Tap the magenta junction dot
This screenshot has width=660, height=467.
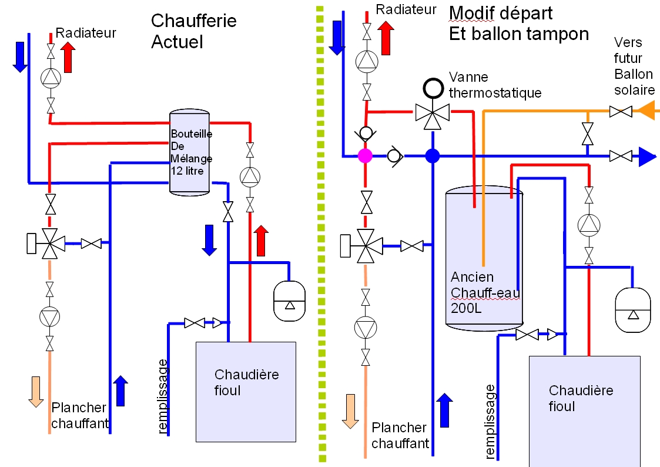(366, 156)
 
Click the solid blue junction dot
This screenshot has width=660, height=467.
(433, 156)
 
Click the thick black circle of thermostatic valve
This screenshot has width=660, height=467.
(433, 88)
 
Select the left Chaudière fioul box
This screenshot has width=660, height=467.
(246, 392)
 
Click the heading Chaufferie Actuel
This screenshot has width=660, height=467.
(193, 31)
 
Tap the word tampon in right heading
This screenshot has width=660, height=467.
(559, 34)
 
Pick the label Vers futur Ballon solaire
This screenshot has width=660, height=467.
(634, 66)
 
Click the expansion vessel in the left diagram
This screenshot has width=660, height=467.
(289, 301)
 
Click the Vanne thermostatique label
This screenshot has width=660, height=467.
(494, 85)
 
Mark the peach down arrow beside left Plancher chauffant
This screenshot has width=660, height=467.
(36, 391)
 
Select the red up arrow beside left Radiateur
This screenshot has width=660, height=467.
(68, 57)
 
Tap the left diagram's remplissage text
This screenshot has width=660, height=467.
(164, 397)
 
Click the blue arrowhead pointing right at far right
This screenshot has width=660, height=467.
(647, 156)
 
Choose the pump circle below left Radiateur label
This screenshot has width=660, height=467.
(51, 77)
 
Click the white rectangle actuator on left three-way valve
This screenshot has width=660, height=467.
(32, 243)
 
